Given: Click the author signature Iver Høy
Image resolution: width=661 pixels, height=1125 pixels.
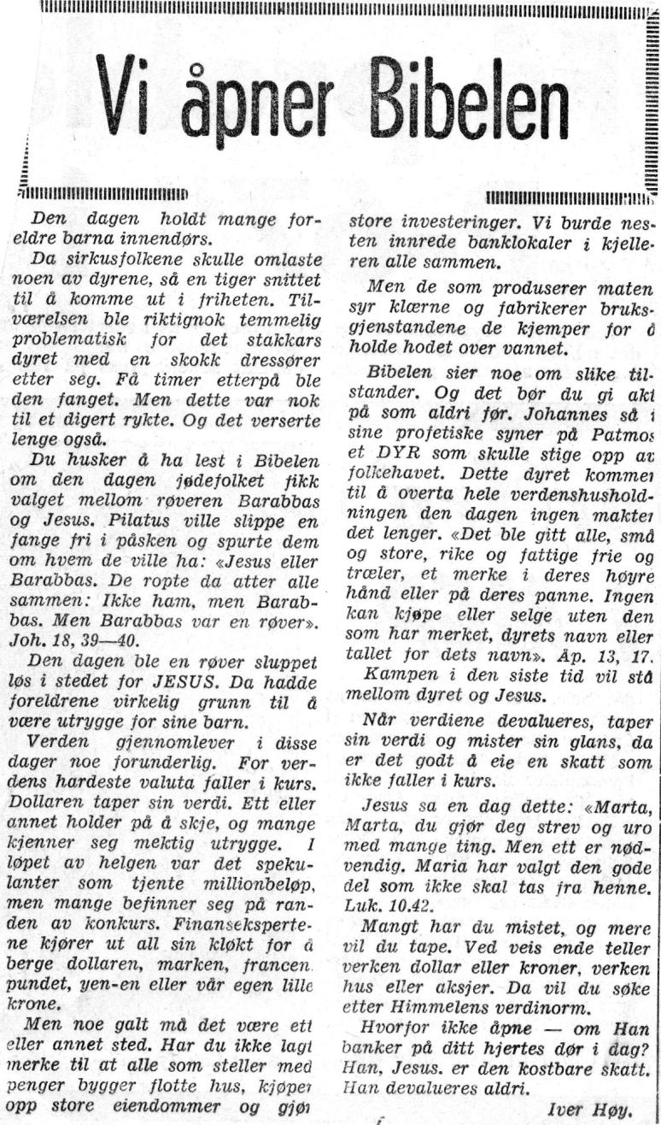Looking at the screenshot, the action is (x=597, y=1110).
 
